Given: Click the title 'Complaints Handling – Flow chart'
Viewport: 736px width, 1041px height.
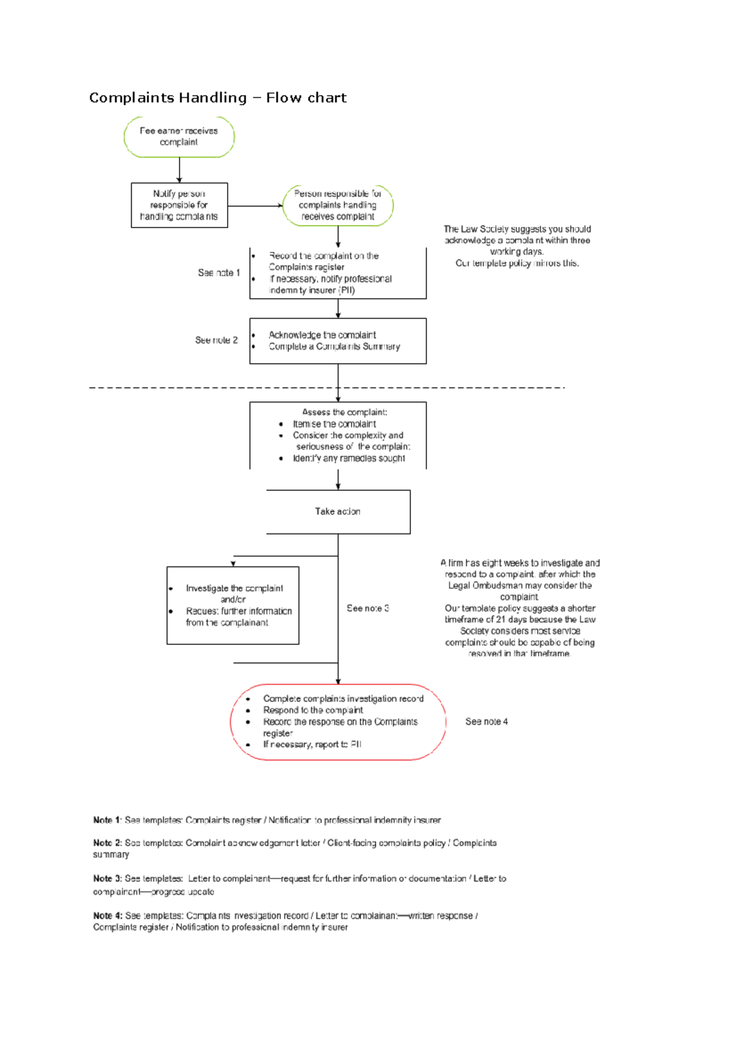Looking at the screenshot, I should tap(218, 97).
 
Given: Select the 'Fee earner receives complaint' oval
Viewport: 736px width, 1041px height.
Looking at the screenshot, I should tap(178, 136).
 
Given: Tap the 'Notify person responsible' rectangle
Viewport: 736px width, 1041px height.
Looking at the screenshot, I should tap(179, 205).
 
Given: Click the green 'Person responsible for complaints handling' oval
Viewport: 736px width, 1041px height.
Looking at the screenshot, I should tap(337, 205).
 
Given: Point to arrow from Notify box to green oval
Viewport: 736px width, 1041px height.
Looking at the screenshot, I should tap(255, 205).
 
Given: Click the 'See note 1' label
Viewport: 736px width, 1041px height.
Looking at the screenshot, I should tap(218, 272).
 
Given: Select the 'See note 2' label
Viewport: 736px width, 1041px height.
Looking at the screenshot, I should tap(216, 340).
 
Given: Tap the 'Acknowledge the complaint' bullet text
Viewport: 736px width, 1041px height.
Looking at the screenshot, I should tap(322, 335).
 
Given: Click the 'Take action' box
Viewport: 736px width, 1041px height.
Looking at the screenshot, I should tap(337, 511).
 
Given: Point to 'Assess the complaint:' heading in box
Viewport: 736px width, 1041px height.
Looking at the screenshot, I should tap(344, 412).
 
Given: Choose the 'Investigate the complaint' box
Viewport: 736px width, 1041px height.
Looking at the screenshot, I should tap(233, 604).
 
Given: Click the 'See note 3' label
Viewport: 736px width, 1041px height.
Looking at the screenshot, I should tap(367, 608).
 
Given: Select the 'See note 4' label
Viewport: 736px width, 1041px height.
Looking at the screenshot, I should tap(486, 722).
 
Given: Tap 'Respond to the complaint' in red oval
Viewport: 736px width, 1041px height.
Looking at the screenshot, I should tap(313, 710).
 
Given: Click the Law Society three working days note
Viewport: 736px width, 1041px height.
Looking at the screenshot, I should tap(517, 246).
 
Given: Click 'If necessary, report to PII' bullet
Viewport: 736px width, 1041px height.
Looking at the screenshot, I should tap(312, 744).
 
